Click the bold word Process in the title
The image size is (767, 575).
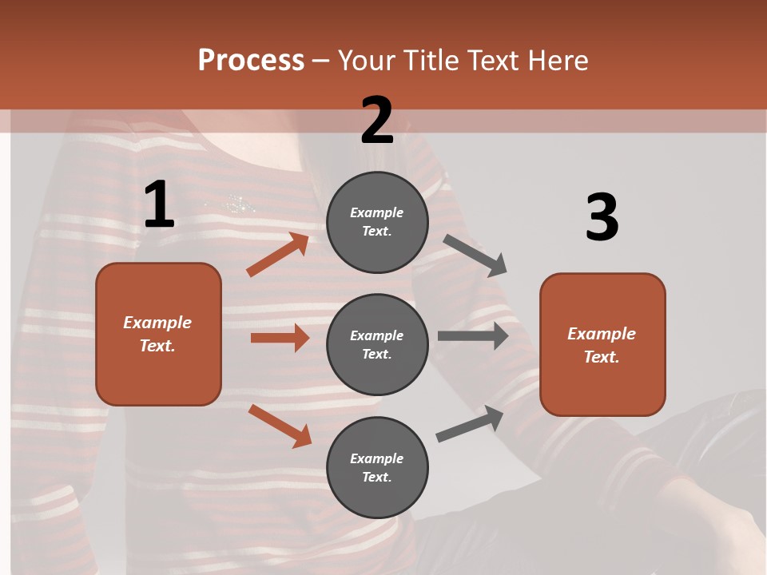point(251,61)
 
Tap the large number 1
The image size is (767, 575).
point(159,205)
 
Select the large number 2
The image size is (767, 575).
point(377,121)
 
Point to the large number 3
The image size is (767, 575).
point(602,218)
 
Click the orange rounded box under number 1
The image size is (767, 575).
point(158,334)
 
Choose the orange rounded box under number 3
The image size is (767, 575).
point(602,344)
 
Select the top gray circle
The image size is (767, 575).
point(377,222)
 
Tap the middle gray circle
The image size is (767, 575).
point(377,344)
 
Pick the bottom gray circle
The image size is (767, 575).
point(377,467)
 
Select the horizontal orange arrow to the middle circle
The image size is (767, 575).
point(280,338)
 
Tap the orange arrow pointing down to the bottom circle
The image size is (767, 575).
point(280,425)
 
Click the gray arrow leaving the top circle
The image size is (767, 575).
point(475,255)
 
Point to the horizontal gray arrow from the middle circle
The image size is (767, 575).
point(473,336)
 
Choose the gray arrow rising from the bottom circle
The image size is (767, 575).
point(470,423)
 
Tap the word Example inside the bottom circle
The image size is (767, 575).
point(377,458)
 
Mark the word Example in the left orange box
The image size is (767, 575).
point(157,323)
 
